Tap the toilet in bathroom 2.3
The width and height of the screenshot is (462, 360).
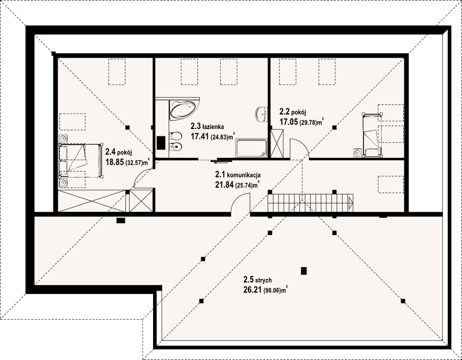click(x=176, y=136)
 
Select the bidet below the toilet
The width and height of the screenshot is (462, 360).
click(x=176, y=146)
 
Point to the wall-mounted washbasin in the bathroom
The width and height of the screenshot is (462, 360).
click(x=262, y=114)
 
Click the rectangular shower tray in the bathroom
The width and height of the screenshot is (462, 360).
click(x=252, y=148)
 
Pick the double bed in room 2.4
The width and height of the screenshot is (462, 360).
click(x=80, y=161)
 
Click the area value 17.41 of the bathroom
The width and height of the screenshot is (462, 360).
click(x=200, y=136)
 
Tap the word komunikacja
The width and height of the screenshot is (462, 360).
click(x=244, y=175)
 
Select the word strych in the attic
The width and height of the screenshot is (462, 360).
click(x=263, y=280)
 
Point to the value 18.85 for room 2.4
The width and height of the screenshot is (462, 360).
click(x=115, y=162)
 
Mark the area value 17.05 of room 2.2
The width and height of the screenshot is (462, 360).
click(x=289, y=122)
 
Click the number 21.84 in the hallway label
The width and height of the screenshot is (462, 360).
click(x=224, y=185)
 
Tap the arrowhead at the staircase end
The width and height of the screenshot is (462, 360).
click(x=350, y=202)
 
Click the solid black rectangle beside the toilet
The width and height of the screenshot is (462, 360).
click(x=161, y=143)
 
